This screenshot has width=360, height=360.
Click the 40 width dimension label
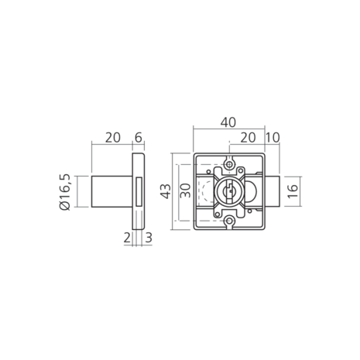(228, 122)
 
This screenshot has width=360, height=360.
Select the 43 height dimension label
(166, 191)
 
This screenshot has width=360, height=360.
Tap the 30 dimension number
(185, 190)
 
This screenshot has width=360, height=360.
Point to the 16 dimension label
(293, 191)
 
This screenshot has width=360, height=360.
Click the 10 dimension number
(273, 138)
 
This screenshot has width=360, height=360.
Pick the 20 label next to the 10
(248, 138)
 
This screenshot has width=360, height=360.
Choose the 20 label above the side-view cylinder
(113, 138)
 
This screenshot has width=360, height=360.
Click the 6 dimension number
(139, 138)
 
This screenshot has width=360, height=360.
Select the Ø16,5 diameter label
(65, 192)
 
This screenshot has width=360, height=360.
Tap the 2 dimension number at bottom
(127, 238)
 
